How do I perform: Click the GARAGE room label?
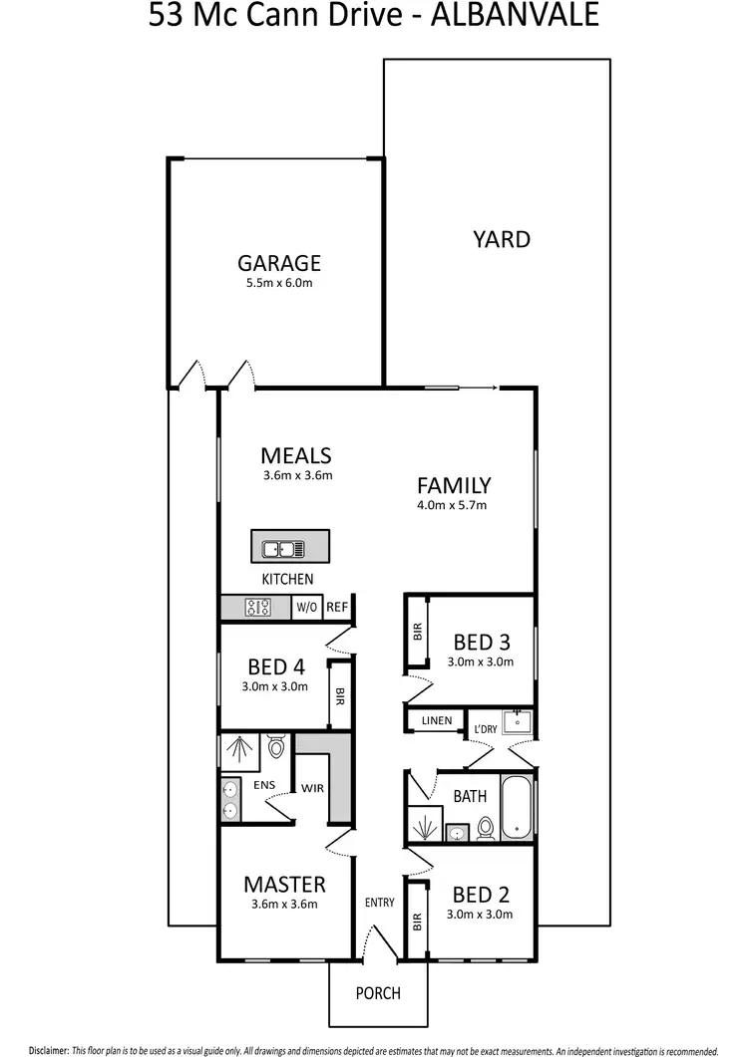(x=279, y=263)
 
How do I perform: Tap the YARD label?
(x=502, y=239)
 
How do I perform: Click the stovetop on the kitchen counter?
(x=259, y=606)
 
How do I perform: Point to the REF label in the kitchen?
(x=337, y=606)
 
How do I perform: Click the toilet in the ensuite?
(x=276, y=746)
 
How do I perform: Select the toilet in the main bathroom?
(x=487, y=827)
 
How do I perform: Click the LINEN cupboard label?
(x=437, y=720)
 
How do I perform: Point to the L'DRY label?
(x=486, y=729)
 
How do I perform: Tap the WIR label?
(x=313, y=788)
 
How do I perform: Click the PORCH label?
(x=378, y=993)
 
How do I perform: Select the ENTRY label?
(x=380, y=903)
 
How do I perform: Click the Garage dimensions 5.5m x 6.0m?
(x=279, y=283)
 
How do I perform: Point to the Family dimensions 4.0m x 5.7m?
(x=454, y=505)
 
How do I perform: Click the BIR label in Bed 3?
(x=417, y=631)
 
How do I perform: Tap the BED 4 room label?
(x=275, y=666)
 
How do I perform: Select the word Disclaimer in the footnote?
(x=48, y=1049)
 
